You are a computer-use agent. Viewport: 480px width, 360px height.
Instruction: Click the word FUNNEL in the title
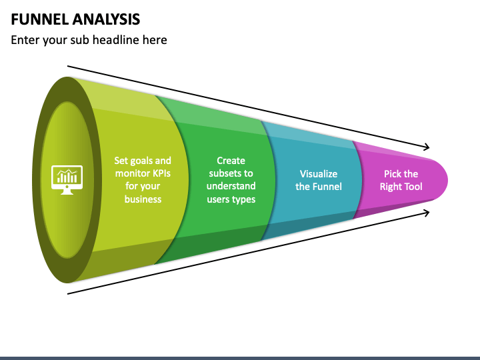point(40,19)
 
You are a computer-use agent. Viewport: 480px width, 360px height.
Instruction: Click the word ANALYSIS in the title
point(106,19)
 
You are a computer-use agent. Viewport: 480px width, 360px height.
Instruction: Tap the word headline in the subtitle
point(116,40)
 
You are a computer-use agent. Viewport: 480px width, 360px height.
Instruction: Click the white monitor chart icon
point(67,180)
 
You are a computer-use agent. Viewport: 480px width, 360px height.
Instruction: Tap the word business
point(143,199)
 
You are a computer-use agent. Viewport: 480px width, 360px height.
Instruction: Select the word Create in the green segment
point(231,161)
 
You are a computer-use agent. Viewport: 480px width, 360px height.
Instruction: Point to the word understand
point(231,186)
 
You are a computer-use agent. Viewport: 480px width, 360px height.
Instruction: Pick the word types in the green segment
point(244,199)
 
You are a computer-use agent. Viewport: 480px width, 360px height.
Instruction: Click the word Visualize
point(319,174)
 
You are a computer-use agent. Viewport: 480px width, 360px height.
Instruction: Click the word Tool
point(413,187)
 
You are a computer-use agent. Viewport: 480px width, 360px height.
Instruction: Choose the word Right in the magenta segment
point(390,187)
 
